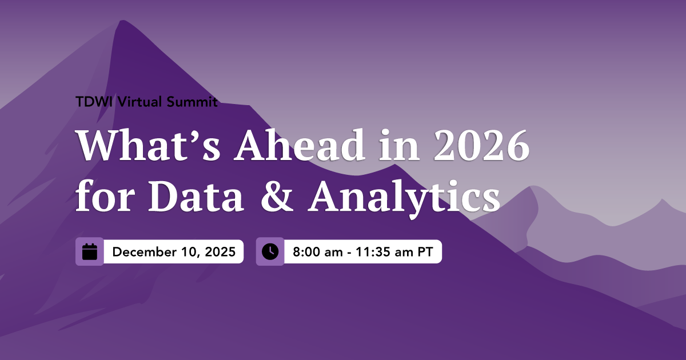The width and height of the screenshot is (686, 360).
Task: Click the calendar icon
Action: [90, 251]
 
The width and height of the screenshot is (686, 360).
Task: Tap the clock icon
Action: [270, 251]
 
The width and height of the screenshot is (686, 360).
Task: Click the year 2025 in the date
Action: [220, 252]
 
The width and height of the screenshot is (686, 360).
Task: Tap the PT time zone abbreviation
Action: [425, 252]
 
